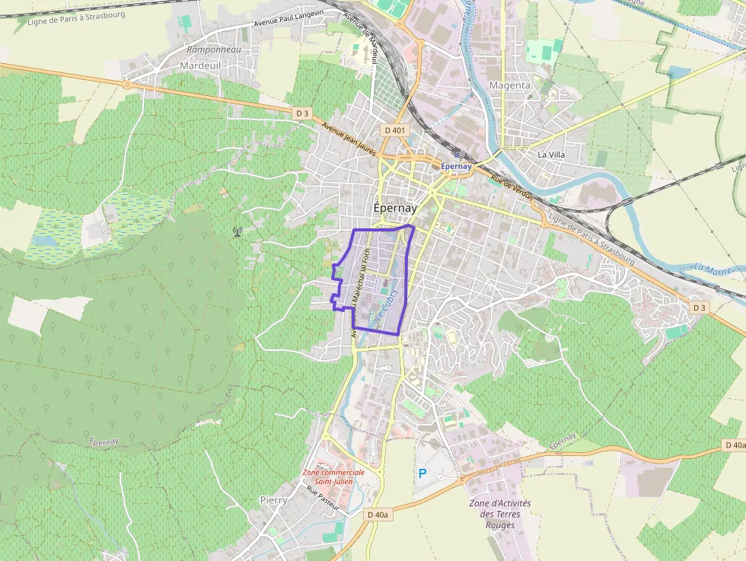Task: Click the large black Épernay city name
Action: [x=396, y=208]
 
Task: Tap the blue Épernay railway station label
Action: [x=456, y=166]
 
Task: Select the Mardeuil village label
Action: [x=200, y=66]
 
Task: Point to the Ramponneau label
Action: [x=214, y=50]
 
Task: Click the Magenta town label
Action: [x=510, y=85]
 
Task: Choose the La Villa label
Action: [x=551, y=155]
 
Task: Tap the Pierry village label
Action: [x=273, y=500]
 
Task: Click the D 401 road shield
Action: [x=395, y=130]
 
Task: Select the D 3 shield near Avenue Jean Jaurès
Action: [x=302, y=113]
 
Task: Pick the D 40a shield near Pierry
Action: [x=378, y=515]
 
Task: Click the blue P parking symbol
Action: [x=422, y=473]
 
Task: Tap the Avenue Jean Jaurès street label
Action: [x=349, y=139]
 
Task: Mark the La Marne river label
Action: [x=713, y=269]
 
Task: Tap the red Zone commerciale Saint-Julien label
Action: [x=333, y=477]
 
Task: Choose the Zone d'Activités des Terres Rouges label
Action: [x=499, y=514]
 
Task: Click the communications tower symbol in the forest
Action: [x=238, y=230]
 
